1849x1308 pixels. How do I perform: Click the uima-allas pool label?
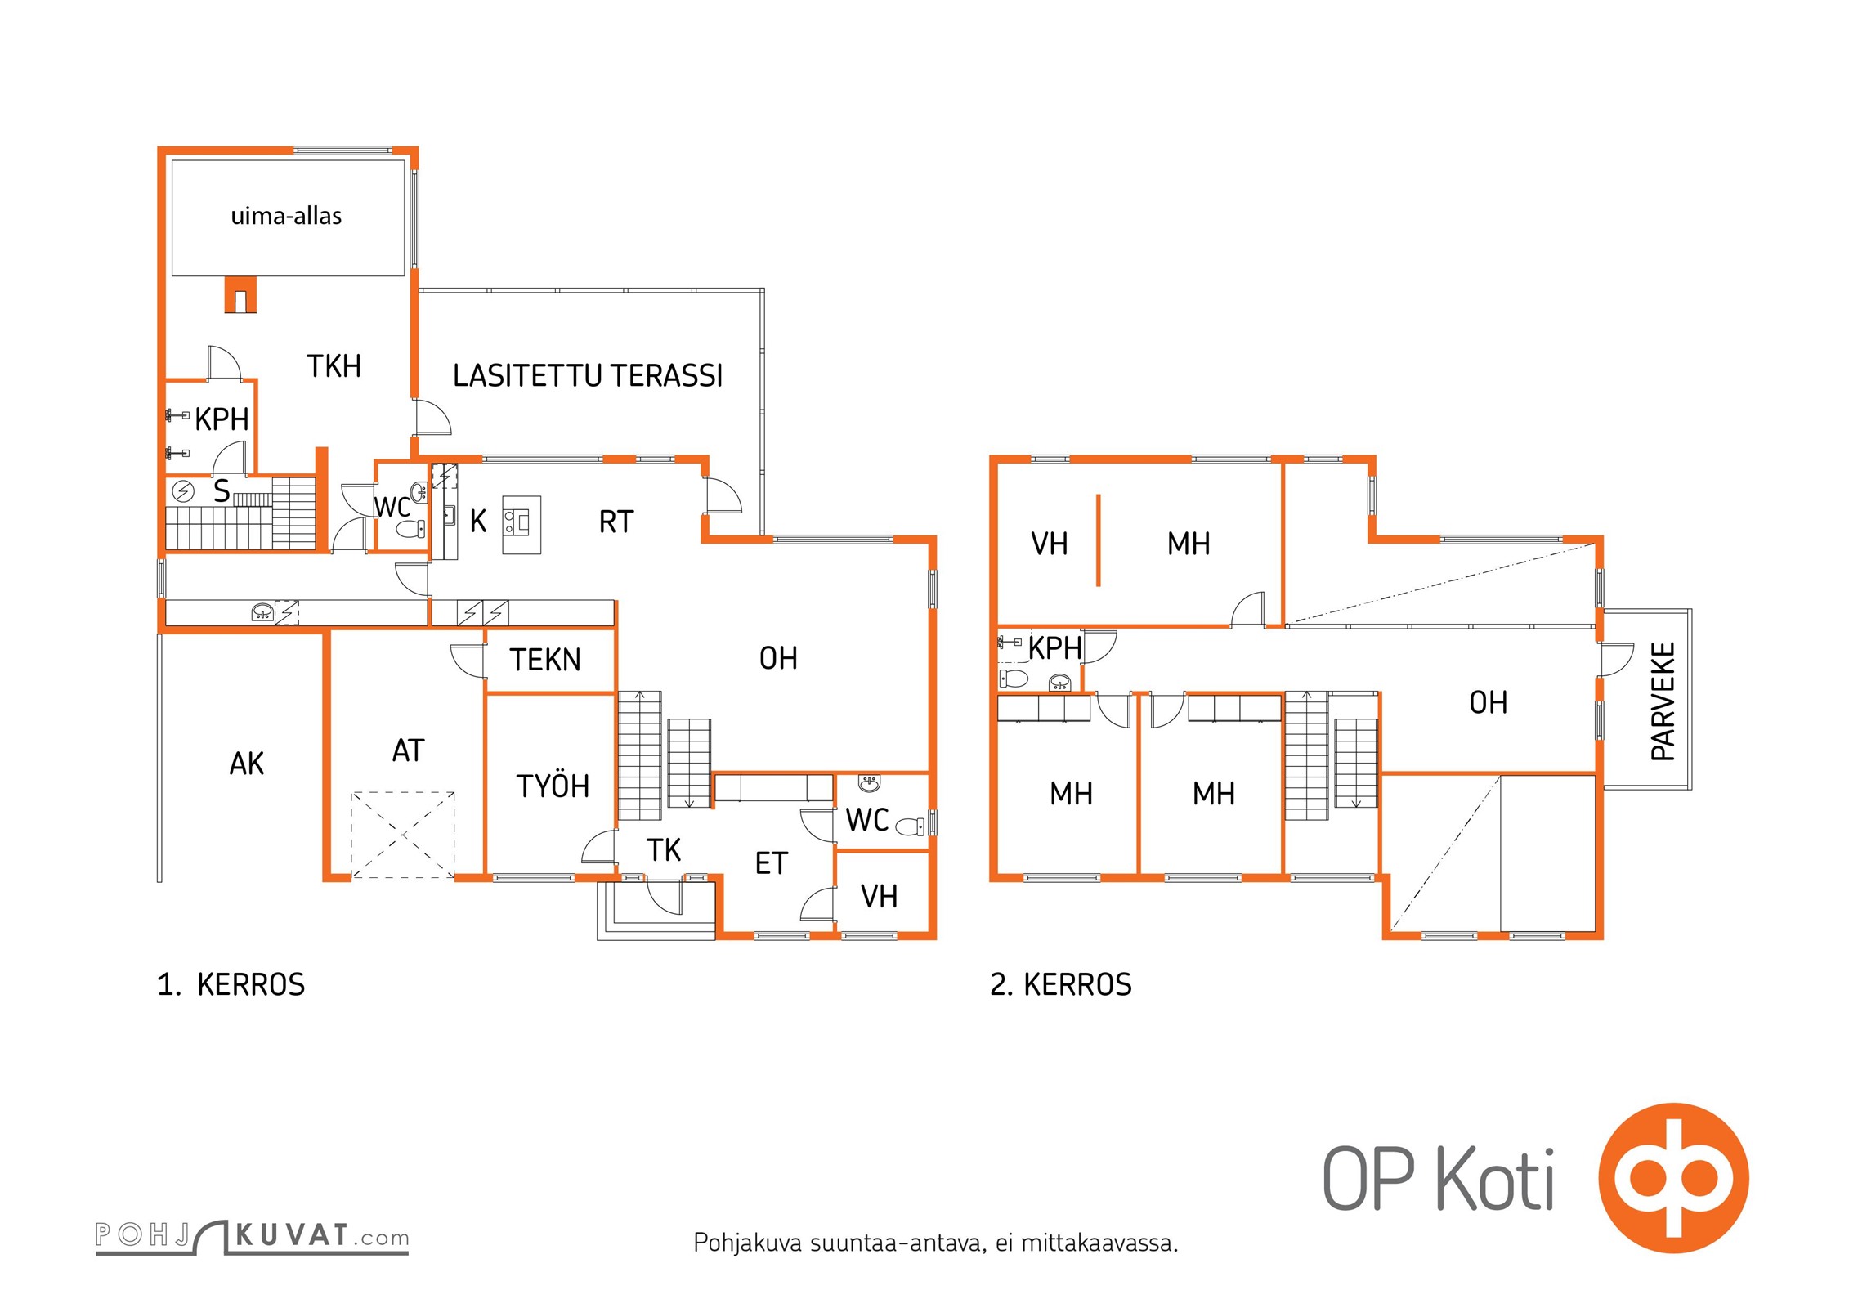point(286,216)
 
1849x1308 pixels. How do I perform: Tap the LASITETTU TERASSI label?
point(588,375)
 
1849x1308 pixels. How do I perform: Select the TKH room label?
point(334,365)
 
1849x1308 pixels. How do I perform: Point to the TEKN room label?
point(545,660)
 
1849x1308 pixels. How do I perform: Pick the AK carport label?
point(247,764)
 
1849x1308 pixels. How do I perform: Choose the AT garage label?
point(408,750)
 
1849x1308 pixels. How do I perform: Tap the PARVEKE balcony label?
point(1663,701)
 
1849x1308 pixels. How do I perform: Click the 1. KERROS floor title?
point(231,984)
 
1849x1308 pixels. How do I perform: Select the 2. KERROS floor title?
point(1061,984)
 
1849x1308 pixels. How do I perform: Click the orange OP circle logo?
point(1674,1178)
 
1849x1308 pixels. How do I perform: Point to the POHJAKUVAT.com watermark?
point(252,1236)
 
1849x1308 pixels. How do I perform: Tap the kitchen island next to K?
point(522,525)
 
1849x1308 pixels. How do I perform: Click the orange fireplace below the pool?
point(240,295)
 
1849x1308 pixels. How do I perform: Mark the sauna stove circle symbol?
point(184,491)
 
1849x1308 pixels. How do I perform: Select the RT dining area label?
point(616,522)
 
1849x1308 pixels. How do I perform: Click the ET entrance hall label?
point(771,863)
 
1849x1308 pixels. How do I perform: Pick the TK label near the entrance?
point(664,850)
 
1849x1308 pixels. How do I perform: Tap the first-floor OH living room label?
point(778,658)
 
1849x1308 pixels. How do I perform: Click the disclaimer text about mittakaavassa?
point(936,1243)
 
